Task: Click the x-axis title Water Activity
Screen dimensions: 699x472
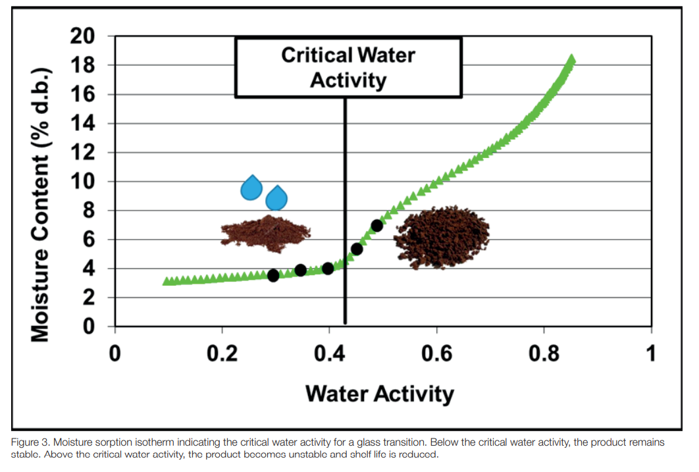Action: [380, 394]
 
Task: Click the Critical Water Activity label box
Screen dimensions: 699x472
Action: [348, 67]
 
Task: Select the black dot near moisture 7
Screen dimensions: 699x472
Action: [376, 226]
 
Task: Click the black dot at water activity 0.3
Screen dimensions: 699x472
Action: [273, 275]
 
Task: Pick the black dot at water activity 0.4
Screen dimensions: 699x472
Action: [328, 269]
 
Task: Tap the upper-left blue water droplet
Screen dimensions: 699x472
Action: [251, 188]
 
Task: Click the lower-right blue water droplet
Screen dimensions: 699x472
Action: [277, 197]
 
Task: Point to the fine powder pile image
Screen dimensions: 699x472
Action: [265, 233]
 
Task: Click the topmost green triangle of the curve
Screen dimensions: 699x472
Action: [571, 59]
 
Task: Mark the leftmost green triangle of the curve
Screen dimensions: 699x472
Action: [167, 281]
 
